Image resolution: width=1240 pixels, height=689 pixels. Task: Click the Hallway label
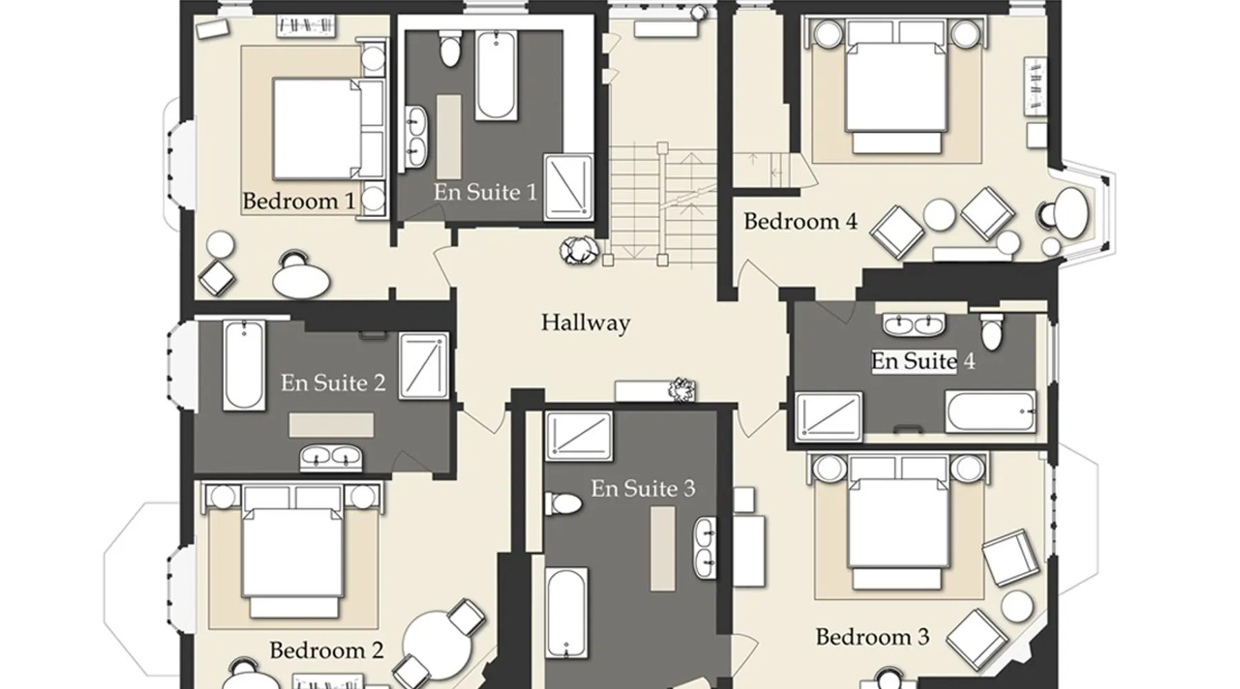tap(585, 322)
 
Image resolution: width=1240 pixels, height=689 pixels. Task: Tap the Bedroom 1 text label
tap(299, 201)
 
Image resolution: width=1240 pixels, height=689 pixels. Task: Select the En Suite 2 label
tap(333, 382)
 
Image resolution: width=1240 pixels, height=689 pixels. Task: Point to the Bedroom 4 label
tap(800, 221)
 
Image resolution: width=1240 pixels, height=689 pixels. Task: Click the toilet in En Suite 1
tap(450, 48)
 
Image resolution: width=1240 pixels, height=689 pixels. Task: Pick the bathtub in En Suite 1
tap(496, 75)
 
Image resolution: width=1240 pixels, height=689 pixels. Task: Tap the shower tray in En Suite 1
tap(568, 187)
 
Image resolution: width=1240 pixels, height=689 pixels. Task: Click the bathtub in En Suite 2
tap(244, 364)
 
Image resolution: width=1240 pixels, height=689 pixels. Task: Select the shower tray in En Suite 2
tap(424, 366)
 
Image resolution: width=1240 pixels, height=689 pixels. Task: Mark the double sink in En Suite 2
tap(331, 456)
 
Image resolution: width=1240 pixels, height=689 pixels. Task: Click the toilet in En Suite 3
tap(564, 503)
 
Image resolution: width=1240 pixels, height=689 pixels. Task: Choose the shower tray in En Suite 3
tap(579, 435)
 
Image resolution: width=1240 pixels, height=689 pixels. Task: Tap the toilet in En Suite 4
tap(992, 331)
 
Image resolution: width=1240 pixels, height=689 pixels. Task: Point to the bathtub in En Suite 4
tap(991, 412)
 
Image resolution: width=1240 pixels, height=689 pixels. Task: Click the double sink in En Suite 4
tap(914, 324)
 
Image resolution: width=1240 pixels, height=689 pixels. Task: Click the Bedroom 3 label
tap(872, 637)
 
